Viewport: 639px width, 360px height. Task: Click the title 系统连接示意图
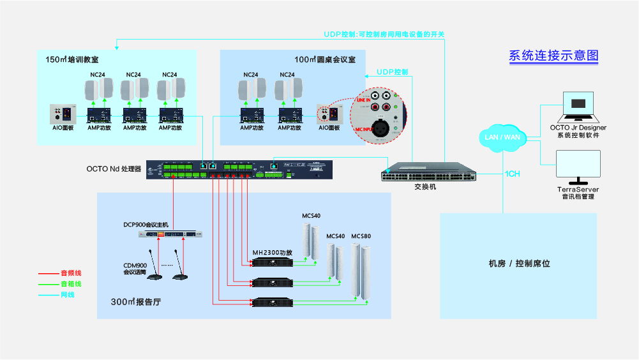553,56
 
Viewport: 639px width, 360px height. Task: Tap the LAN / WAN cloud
502,137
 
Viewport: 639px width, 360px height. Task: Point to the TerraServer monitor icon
578,167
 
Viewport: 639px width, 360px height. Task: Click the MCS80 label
361,236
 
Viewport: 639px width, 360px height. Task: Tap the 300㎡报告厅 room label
135,303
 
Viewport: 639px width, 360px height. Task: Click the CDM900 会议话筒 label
135,269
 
